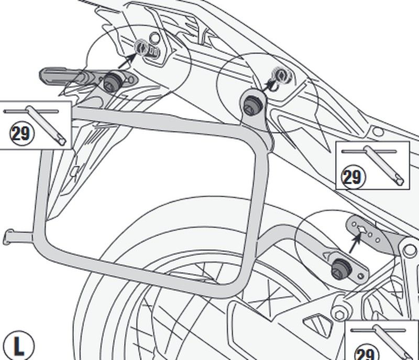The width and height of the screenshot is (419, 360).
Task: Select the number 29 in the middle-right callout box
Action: click(x=352, y=177)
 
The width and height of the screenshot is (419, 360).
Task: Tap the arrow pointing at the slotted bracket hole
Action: click(x=356, y=243)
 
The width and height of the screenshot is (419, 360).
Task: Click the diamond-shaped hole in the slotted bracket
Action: click(x=363, y=230)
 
